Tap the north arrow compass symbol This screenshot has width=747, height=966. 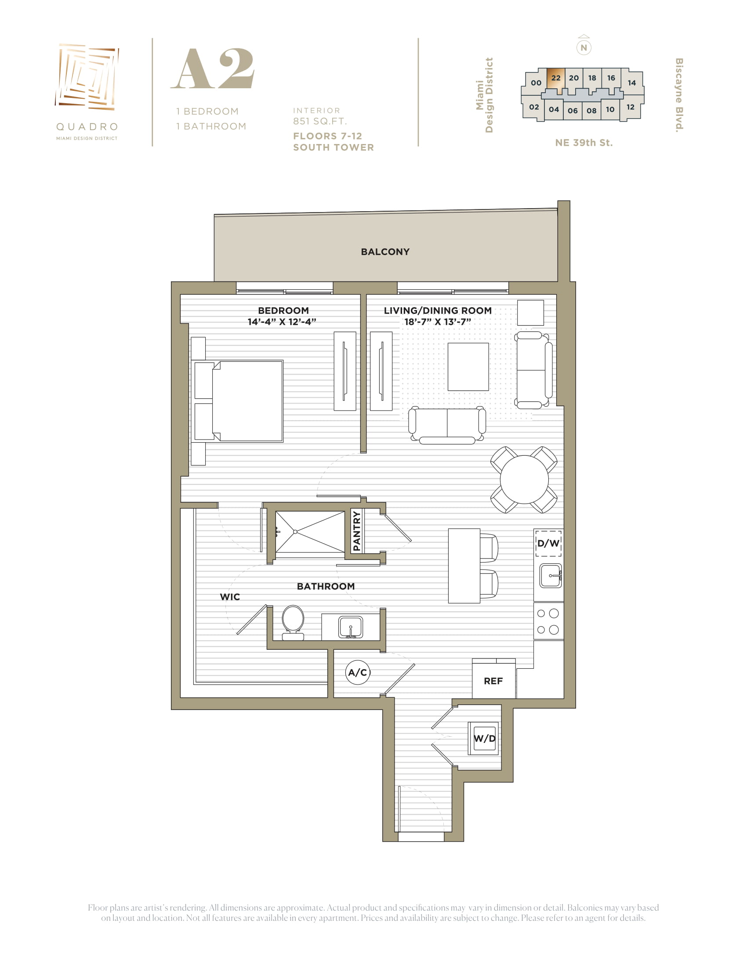[584, 46]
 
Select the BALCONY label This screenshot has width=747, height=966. [385, 252]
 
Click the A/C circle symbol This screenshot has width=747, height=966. [358, 672]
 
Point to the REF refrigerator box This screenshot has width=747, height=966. [493, 678]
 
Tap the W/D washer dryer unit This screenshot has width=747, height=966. [485, 738]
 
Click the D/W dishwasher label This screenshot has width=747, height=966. [548, 543]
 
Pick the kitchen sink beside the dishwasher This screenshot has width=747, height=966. [551, 576]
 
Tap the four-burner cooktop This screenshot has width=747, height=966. [548, 621]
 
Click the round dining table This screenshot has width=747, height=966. [524, 479]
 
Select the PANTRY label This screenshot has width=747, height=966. [357, 531]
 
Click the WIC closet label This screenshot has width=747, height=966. [230, 597]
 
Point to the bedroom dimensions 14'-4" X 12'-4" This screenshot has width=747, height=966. [282, 321]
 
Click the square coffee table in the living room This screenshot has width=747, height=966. [468, 367]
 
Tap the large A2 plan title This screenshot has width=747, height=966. [213, 68]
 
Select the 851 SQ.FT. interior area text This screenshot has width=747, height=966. [320, 121]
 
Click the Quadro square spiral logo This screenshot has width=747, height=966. [87, 76]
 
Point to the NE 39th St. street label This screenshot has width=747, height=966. [584, 142]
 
